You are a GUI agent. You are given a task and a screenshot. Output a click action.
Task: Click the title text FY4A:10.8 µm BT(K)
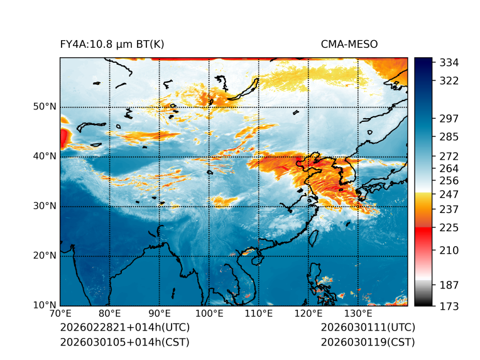112,44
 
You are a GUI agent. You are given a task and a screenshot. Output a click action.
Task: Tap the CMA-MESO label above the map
349,44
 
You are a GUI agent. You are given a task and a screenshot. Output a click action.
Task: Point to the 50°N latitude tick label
45,107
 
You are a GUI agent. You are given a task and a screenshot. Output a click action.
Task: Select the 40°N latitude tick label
45,156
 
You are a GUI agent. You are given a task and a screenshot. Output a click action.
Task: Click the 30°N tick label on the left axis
45,206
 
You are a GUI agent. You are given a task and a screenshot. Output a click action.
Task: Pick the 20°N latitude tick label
45,256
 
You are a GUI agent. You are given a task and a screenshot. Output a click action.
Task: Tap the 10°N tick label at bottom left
45,305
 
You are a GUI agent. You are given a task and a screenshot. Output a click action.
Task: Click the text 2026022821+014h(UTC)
124,328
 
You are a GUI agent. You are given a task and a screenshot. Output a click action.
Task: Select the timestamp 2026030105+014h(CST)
124,342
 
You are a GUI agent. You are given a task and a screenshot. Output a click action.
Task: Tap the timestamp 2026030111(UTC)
368,328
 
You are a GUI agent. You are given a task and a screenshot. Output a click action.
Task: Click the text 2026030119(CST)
368,342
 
